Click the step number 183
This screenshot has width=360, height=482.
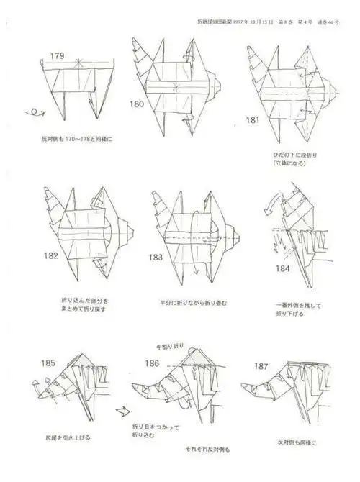pos(156,257)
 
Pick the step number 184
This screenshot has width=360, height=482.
pos(283,268)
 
